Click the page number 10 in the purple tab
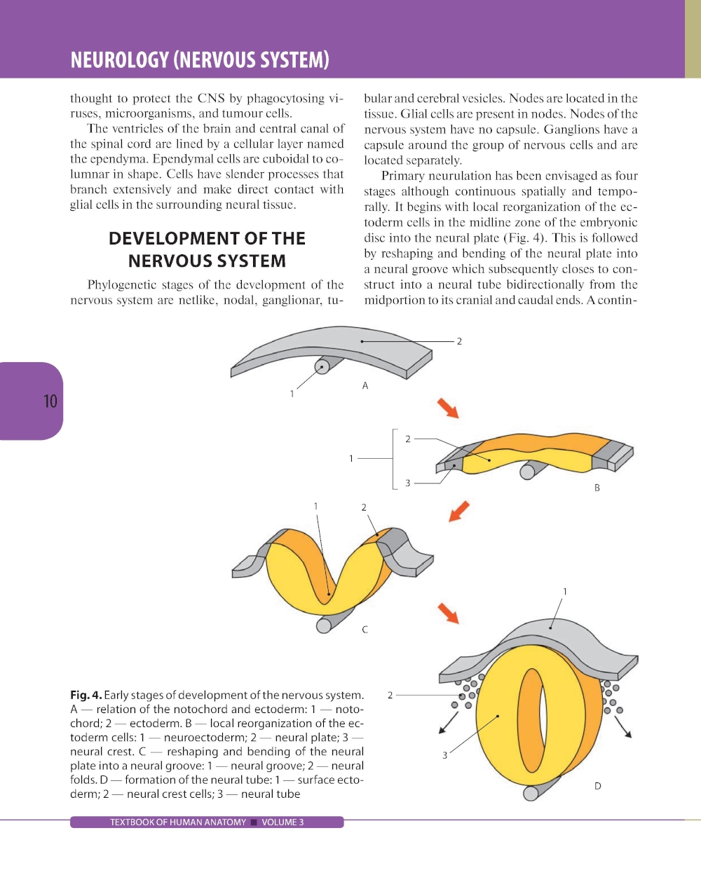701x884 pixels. click(50, 401)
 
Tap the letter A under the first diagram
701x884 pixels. click(365, 386)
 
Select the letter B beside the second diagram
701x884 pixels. click(597, 488)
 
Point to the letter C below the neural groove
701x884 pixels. click(365, 630)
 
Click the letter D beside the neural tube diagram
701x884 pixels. click(597, 786)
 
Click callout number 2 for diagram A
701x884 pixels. click(459, 341)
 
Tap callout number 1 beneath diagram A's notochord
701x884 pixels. click(292, 394)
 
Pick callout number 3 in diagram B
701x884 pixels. click(408, 483)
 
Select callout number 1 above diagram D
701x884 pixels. click(565, 591)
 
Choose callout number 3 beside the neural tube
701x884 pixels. click(444, 755)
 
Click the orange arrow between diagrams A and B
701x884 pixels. click(448, 408)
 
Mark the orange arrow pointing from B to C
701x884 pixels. click(459, 511)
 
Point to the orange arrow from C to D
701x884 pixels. click(448, 614)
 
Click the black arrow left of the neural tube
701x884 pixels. click(448, 723)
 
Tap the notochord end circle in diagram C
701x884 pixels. click(324, 626)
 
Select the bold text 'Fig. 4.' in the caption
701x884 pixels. click(86, 696)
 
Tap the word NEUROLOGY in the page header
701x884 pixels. click(120, 60)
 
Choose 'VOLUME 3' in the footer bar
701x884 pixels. click(283, 822)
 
